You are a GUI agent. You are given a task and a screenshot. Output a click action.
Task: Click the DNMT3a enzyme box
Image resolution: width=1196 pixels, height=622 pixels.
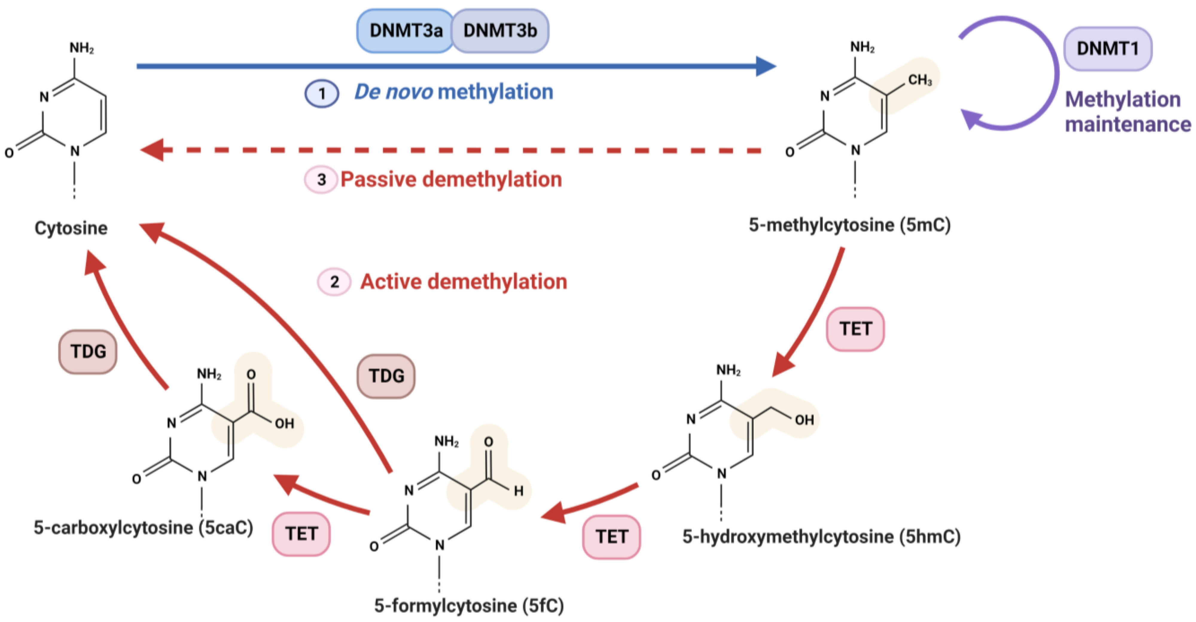click(x=405, y=31)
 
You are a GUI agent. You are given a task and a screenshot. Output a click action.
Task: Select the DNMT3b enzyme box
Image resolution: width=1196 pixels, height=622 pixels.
click(x=500, y=31)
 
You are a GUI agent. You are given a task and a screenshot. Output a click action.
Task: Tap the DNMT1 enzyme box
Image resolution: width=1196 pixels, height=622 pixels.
click(x=1107, y=48)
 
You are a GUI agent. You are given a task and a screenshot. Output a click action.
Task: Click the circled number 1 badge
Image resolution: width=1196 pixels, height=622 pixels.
click(x=321, y=94)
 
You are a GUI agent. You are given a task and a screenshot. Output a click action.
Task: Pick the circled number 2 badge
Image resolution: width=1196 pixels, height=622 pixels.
click(x=334, y=281)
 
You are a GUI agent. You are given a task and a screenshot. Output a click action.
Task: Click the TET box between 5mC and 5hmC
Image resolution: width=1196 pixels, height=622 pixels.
click(x=855, y=329)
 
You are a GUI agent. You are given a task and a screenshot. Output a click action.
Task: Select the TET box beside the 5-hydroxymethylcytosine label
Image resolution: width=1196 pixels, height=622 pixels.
click(x=612, y=536)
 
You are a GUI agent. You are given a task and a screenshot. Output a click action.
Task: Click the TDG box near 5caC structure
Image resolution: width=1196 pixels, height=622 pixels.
click(x=88, y=352)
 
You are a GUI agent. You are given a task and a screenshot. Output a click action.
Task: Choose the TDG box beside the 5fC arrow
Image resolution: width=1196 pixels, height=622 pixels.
click(x=386, y=376)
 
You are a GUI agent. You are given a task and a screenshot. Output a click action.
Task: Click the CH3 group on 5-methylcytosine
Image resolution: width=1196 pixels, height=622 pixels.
click(x=919, y=80)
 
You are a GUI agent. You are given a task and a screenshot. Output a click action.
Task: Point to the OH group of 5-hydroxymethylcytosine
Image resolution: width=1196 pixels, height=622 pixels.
click(x=804, y=420)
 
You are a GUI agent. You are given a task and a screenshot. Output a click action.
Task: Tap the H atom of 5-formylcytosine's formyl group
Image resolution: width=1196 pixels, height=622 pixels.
click(x=519, y=491)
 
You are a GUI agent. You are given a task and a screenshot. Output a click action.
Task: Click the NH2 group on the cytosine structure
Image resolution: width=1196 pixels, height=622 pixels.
click(x=82, y=48)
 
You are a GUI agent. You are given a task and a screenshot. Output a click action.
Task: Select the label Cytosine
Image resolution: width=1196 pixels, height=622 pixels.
click(x=71, y=228)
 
